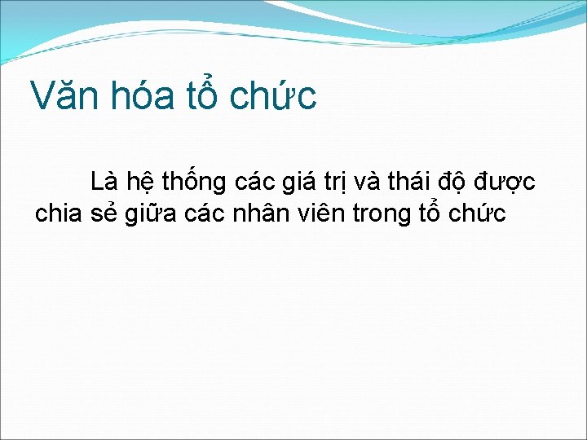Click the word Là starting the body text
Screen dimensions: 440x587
tap(104, 180)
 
